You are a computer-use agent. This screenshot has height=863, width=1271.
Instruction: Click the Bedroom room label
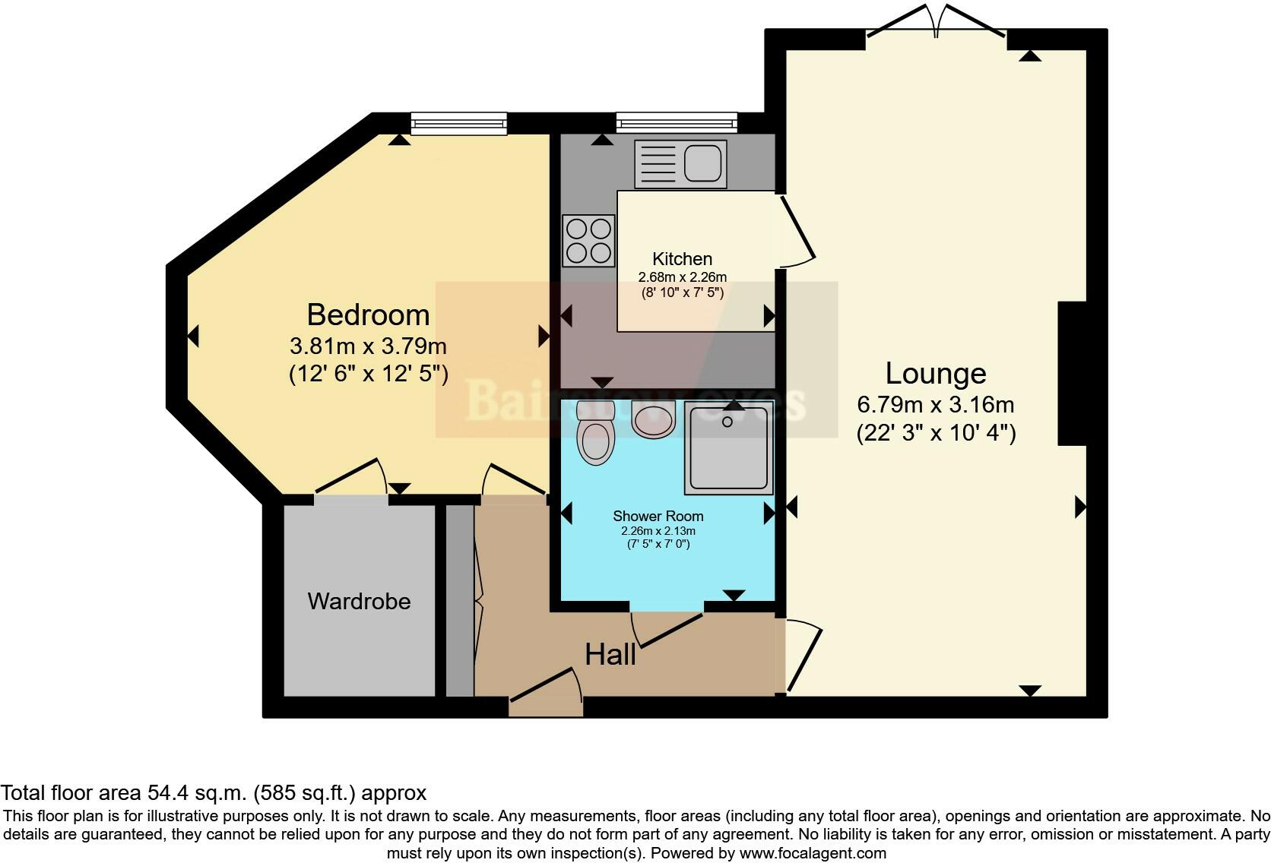(x=368, y=315)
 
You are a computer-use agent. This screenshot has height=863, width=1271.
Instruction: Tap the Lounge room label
(x=935, y=373)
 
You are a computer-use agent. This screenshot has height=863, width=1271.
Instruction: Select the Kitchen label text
(x=682, y=259)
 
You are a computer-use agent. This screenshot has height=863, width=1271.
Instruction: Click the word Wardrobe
(x=359, y=601)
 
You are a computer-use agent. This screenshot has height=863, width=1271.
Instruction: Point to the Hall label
(x=610, y=654)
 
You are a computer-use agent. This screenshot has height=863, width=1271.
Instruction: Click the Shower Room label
(x=658, y=516)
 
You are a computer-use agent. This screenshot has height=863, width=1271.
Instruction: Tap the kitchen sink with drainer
(x=680, y=163)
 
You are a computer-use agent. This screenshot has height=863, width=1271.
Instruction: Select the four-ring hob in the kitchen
(x=588, y=240)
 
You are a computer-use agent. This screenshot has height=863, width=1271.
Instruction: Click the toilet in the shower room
(x=596, y=435)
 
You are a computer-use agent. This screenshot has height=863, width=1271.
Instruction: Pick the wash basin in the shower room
(x=653, y=420)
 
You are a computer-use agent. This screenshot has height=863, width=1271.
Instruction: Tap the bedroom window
(x=458, y=123)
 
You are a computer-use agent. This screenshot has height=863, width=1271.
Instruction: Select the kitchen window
(x=676, y=122)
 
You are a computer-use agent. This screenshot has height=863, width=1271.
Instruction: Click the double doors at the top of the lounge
(x=937, y=23)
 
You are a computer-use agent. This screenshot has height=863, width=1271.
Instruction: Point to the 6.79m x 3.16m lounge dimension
(x=935, y=404)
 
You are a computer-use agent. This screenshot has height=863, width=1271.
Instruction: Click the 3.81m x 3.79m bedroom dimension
(x=368, y=346)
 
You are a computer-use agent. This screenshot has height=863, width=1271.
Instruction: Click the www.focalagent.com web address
(x=812, y=852)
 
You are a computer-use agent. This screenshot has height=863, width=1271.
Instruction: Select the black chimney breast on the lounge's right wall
(x=1072, y=373)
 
